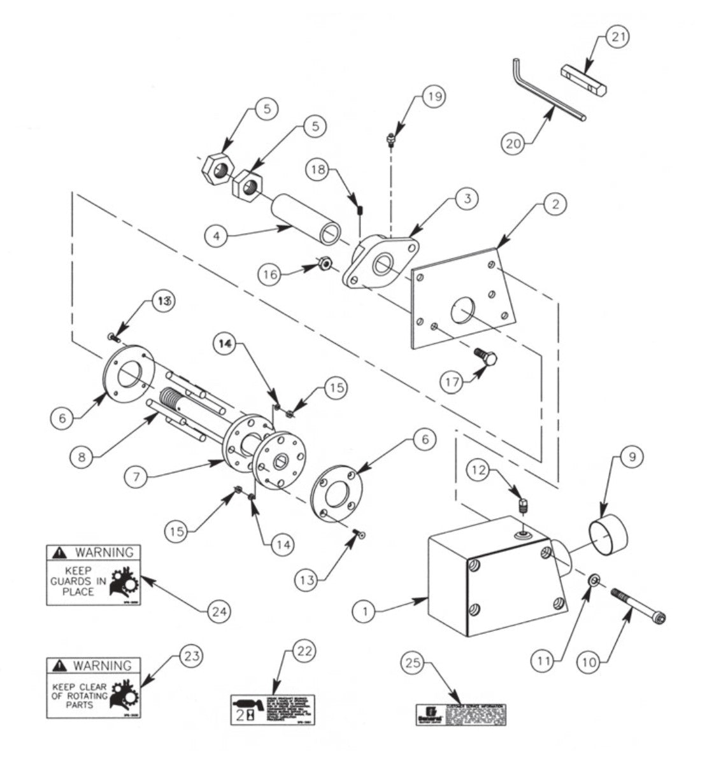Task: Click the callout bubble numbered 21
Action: point(616,38)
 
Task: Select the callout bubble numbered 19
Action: point(434,96)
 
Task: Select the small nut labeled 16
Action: point(323,263)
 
